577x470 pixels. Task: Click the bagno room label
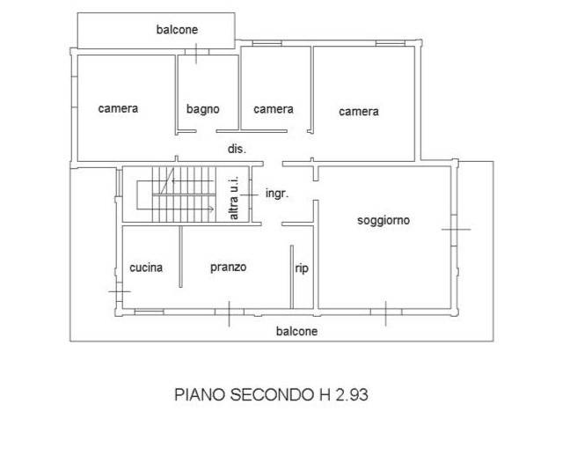[203, 109]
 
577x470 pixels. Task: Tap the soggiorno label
[383, 220]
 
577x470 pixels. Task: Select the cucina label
[146, 268]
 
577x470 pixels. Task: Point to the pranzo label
[228, 268]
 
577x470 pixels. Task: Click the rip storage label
[302, 268]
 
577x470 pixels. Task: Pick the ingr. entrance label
[277, 194]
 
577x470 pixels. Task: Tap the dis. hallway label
[237, 149]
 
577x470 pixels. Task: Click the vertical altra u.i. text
[234, 198]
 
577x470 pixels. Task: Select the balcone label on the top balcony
[177, 29]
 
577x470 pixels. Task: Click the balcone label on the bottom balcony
[296, 331]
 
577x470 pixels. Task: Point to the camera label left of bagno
[118, 108]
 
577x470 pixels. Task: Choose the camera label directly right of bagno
[274, 109]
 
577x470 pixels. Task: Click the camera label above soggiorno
[359, 112]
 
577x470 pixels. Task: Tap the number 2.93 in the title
[352, 395]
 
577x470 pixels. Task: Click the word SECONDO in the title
[272, 395]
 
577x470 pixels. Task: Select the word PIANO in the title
[200, 395]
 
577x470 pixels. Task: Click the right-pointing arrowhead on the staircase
[211, 209]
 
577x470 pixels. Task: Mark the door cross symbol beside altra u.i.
[249, 195]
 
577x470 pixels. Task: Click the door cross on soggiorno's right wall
[456, 230]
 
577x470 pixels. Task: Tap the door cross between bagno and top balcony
[196, 54]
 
